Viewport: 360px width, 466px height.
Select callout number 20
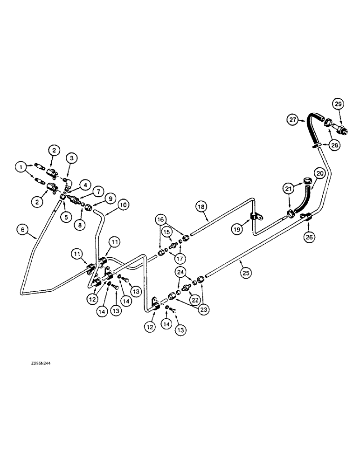pyautogui.click(x=319, y=173)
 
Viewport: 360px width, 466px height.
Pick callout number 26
pyautogui.click(x=311, y=237)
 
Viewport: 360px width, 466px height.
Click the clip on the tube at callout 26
pyautogui.click(x=307, y=216)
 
